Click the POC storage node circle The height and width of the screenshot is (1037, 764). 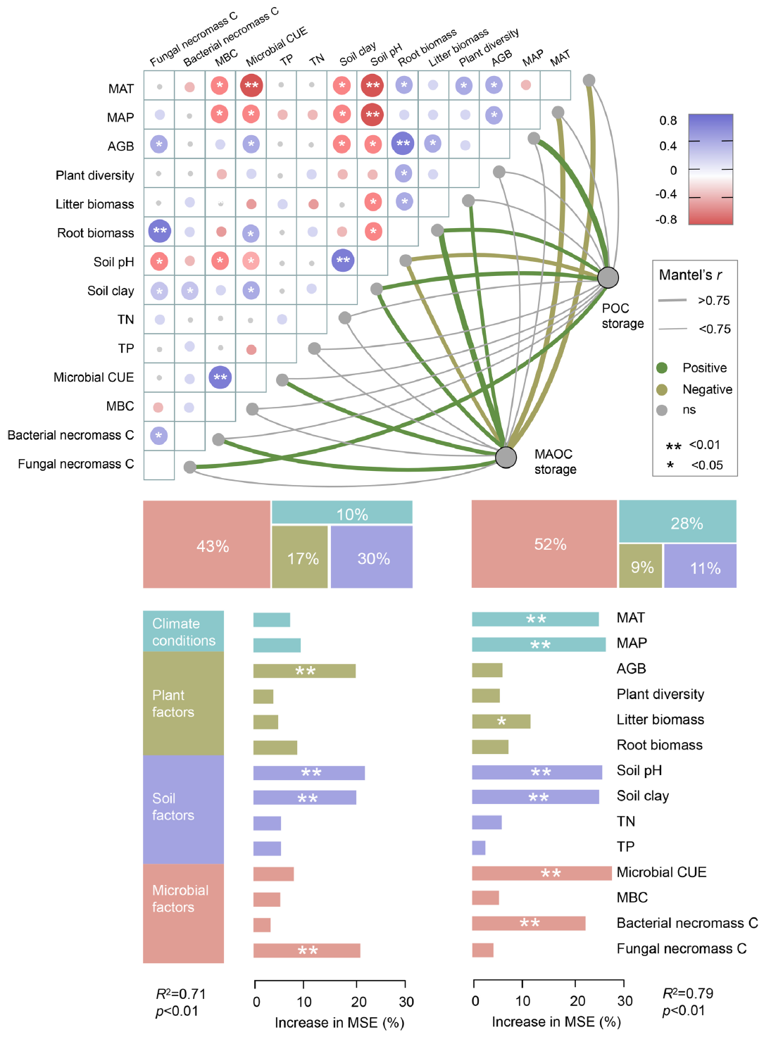click(x=608, y=277)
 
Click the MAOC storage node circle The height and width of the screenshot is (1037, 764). click(x=506, y=457)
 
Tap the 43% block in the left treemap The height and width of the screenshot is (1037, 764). click(x=206, y=544)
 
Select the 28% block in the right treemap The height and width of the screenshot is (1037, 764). click(x=677, y=522)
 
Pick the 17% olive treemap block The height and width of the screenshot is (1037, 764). click(x=300, y=558)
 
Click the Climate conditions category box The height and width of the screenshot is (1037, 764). click(x=183, y=631)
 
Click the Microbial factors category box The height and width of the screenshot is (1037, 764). click(x=183, y=912)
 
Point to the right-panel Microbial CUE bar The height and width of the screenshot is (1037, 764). click(x=541, y=873)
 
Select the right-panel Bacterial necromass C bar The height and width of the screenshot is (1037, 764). click(x=528, y=923)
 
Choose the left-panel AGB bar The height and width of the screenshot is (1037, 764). click(x=304, y=671)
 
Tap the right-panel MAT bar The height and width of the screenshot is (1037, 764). click(x=535, y=619)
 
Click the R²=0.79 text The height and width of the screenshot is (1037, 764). click(x=688, y=993)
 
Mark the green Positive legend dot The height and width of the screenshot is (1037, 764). click(x=662, y=367)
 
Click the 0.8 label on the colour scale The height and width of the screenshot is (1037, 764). click(x=668, y=120)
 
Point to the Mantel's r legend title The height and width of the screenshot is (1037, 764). click(x=690, y=275)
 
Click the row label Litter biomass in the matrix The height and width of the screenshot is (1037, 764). click(x=94, y=204)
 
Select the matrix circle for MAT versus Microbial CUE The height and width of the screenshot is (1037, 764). click(x=251, y=86)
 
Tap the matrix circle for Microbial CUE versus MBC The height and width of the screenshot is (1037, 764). click(x=220, y=377)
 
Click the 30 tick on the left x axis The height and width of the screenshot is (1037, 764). click(x=406, y=1002)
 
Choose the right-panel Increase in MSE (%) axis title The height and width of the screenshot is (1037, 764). click(x=556, y=1022)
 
